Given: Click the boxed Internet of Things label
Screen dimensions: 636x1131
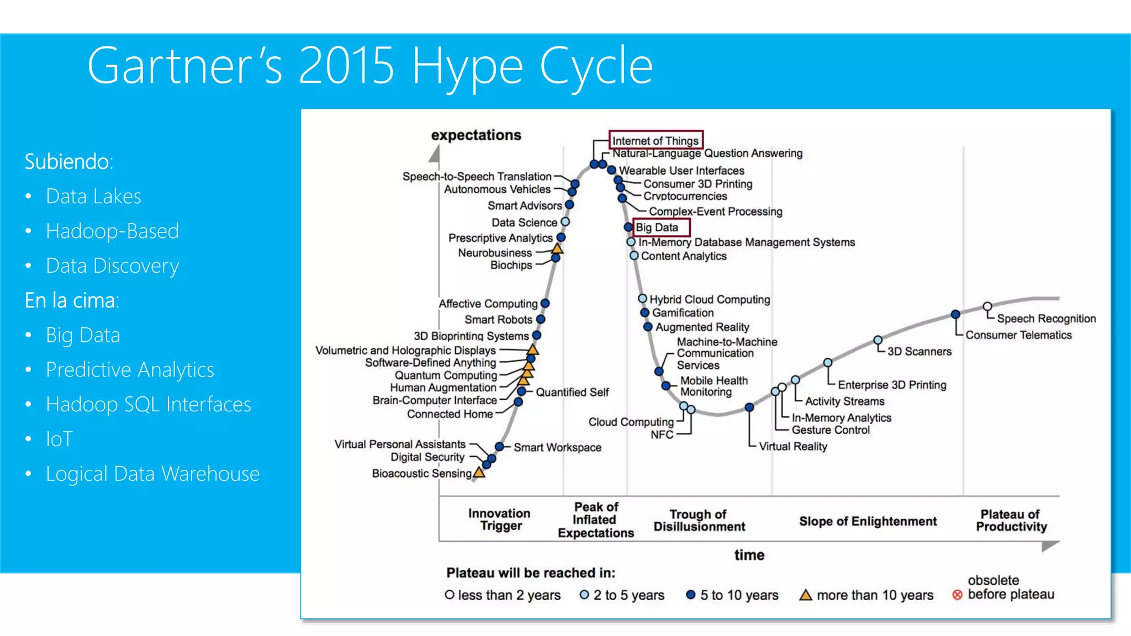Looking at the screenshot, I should coord(655,141).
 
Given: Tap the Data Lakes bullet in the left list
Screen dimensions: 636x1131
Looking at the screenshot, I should coord(93,197).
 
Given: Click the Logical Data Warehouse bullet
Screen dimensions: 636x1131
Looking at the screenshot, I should coord(152,474).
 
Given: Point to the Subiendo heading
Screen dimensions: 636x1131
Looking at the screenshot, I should coord(69,162).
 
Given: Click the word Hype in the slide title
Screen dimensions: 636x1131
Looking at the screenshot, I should coord(467,67).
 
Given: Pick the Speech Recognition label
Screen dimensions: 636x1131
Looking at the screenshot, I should coord(1046,319).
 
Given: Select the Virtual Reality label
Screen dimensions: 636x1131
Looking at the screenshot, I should coord(792,446).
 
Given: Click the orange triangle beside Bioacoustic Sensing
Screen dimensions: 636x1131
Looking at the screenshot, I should coord(479,473).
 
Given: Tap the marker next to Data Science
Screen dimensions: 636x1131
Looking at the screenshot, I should coord(565,222).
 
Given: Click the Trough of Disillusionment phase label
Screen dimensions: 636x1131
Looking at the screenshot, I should coord(699,520).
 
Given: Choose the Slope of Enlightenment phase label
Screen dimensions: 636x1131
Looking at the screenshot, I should coord(868,521).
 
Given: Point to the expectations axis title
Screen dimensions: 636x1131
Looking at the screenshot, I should coord(476,135).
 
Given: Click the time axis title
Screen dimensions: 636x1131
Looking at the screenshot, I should coord(749,555).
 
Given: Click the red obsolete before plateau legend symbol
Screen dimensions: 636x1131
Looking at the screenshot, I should coord(957,595).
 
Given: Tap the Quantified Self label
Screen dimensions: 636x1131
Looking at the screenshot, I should coord(572,392).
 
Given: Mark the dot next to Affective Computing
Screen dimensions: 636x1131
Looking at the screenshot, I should coord(545,303).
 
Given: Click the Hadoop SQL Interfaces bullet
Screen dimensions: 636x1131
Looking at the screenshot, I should coord(148,405).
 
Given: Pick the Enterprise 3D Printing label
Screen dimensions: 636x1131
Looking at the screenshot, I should coord(891,385).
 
